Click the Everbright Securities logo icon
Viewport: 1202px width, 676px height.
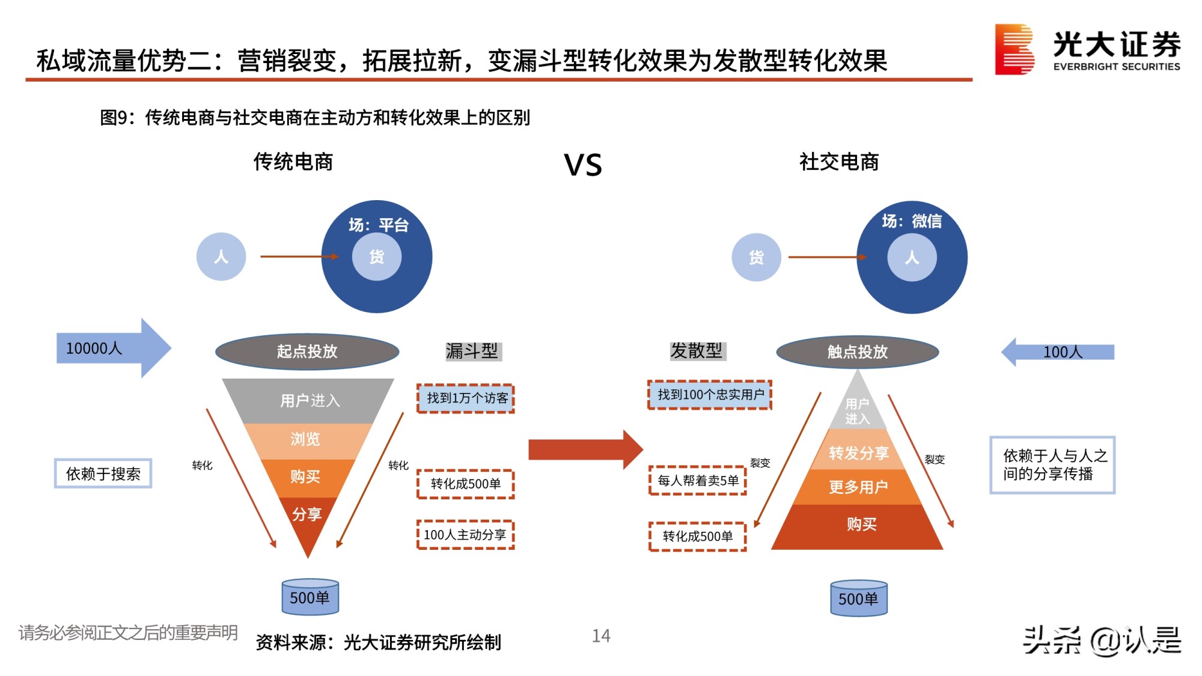click(x=1014, y=49)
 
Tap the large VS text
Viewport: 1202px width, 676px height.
click(x=582, y=165)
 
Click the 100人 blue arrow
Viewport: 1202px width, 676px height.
click(x=1058, y=352)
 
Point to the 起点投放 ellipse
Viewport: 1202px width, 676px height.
click(x=307, y=352)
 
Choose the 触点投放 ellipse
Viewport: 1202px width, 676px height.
click(x=857, y=352)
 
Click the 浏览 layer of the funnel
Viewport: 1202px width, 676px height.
click(x=306, y=440)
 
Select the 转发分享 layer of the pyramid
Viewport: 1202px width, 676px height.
click(x=858, y=453)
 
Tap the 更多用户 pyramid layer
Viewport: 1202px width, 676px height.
click(x=858, y=487)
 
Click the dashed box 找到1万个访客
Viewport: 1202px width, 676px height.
click(x=466, y=398)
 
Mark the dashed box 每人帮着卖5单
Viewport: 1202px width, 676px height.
click(x=697, y=481)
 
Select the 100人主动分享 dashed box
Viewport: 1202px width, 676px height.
click(x=465, y=535)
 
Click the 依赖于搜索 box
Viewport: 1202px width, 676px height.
click(x=103, y=474)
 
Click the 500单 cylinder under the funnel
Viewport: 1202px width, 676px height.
click(x=310, y=597)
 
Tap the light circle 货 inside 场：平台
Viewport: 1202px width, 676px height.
click(x=377, y=257)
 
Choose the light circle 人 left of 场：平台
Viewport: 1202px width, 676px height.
click(x=221, y=257)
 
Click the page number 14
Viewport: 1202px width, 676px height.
click(x=601, y=636)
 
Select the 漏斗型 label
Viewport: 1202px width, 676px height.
click(x=472, y=351)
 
